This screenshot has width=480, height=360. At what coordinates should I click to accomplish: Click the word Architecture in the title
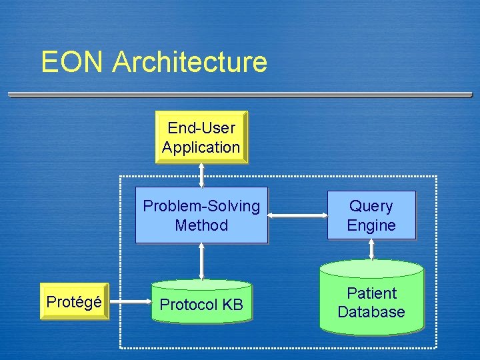click(x=190, y=62)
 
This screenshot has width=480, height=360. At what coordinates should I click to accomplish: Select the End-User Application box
click(x=201, y=137)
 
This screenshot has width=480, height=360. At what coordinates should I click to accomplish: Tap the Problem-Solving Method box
click(x=201, y=216)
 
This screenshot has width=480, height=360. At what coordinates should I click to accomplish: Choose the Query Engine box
click(x=371, y=215)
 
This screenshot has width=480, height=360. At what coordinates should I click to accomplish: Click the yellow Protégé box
click(x=74, y=302)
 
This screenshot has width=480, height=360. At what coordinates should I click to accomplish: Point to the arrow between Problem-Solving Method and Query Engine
click(x=297, y=215)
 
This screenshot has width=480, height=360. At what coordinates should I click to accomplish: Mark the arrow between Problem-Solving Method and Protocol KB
click(x=201, y=261)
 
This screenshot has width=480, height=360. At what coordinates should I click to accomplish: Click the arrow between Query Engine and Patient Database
click(x=371, y=249)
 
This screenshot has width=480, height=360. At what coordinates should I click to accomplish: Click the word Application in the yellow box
click(x=201, y=147)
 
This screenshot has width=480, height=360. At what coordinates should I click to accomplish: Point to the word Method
click(x=201, y=225)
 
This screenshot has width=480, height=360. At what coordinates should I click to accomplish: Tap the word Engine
click(x=371, y=225)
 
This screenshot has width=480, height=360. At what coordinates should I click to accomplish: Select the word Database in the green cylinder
click(x=371, y=312)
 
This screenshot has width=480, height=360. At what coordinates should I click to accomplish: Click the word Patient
click(x=371, y=293)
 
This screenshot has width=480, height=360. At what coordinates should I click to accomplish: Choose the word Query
click(x=371, y=206)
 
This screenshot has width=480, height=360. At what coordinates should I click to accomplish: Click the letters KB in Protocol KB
click(x=233, y=305)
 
